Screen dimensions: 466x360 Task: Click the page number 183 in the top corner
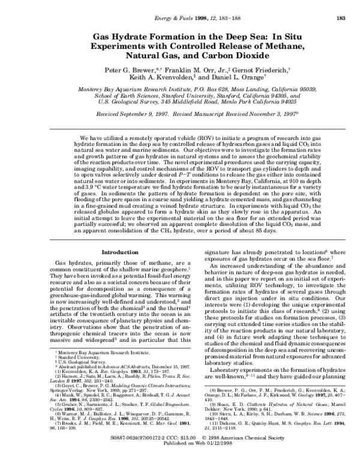coord(340,18)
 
